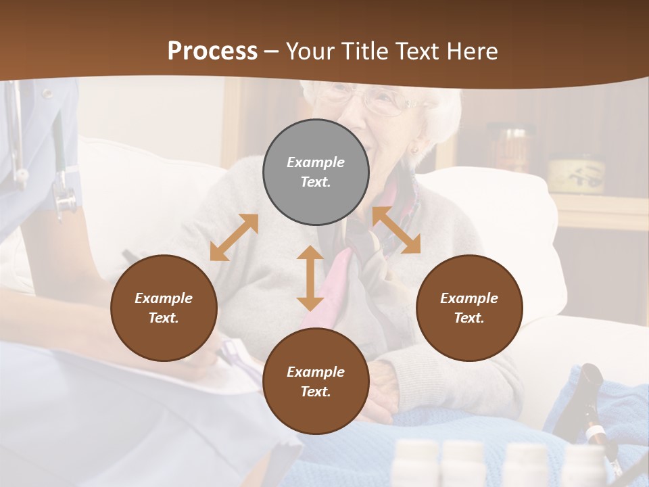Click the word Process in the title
coord(212,51)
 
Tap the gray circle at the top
coord(316,172)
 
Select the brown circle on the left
coord(164,308)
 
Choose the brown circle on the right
coord(469,308)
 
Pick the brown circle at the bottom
coord(316,381)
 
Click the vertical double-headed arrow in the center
coord(310,278)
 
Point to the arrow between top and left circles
coord(234,237)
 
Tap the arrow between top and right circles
coord(396,231)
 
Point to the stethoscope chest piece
coord(65,201)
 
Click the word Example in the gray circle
coord(316,162)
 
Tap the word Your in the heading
coord(308,51)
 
